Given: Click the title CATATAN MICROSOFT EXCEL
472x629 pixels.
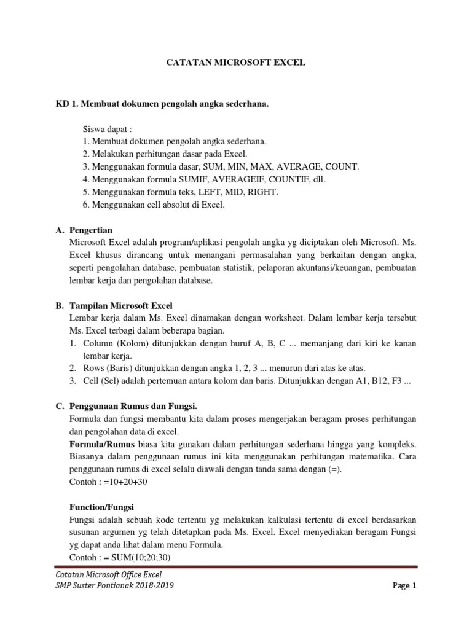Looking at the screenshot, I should pyautogui.click(x=237, y=63).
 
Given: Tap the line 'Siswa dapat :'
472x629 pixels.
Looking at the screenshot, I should pyautogui.click(x=108, y=129).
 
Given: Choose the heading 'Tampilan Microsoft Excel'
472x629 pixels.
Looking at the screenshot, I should pyautogui.click(x=122, y=305).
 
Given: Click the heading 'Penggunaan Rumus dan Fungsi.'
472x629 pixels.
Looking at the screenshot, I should pyautogui.click(x=135, y=406).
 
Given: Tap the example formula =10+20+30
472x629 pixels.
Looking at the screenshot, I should pyautogui.click(x=126, y=482).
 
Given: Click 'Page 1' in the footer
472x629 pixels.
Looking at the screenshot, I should pyautogui.click(x=404, y=585).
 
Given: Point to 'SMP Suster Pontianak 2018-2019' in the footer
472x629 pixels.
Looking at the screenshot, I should pyautogui.click(x=114, y=585).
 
